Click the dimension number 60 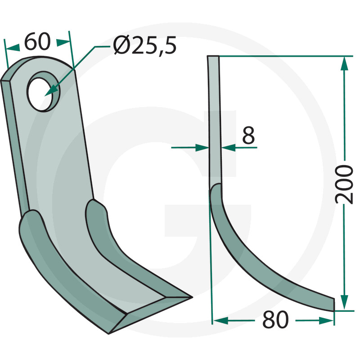point(37,41)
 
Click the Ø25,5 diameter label point(145,45)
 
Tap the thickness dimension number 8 point(248,135)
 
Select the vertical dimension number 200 point(344,184)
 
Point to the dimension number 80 point(275,319)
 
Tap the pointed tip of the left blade point(192,297)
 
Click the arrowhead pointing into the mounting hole point(51,90)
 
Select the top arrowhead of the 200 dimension point(344,63)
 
